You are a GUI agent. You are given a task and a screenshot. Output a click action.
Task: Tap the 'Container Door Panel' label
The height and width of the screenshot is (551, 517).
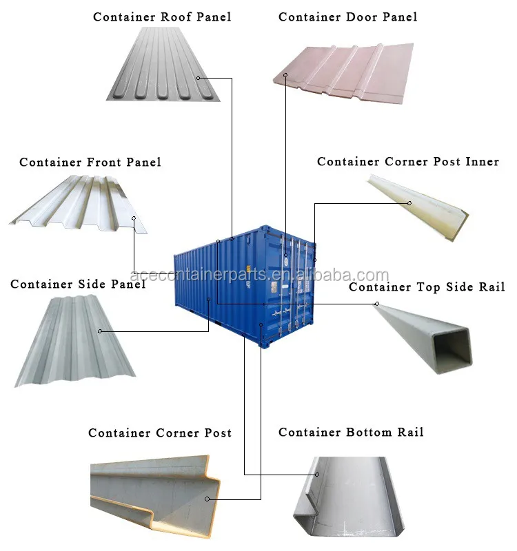347,17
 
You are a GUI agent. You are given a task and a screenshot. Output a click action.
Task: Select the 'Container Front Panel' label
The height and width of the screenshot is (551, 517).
90,163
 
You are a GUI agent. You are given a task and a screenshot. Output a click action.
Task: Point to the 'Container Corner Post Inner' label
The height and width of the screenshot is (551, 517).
408,162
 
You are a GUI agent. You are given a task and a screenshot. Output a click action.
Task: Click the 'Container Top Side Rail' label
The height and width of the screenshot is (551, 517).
427,287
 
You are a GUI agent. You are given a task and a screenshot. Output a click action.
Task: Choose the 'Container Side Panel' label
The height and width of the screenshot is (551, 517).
78,284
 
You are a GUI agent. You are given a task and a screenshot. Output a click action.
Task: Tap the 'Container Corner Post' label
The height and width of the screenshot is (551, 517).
160,433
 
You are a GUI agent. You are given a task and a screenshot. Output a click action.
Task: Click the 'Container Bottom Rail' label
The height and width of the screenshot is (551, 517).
351,433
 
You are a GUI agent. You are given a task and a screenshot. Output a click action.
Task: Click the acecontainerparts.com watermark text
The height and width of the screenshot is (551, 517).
259,275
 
